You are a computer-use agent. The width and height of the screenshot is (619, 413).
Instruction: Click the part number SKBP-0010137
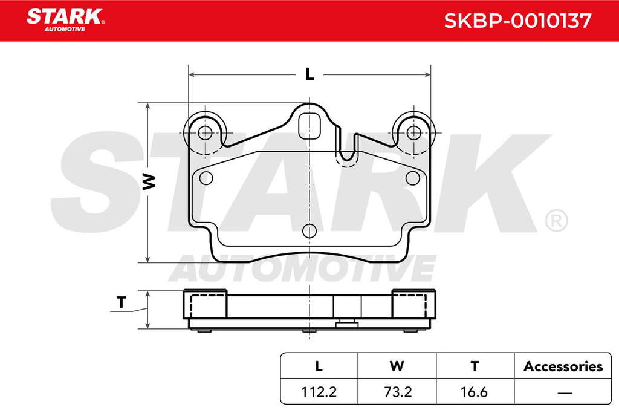coord(517,21)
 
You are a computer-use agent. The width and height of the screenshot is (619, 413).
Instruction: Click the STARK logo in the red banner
coord(65,20)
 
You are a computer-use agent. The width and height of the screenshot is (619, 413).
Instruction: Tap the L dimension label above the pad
coord(310,74)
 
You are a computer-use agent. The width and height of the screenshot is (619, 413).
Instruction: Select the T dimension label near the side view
coord(122,302)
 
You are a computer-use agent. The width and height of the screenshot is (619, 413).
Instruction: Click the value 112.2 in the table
coord(319,392)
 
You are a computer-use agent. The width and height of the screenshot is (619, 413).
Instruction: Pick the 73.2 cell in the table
coord(398,392)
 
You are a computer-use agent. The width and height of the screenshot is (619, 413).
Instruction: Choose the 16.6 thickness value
coord(474,392)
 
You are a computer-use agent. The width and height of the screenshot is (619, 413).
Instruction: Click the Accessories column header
coord(563,366)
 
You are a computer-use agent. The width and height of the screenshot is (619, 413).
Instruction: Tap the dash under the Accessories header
coord(565,392)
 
